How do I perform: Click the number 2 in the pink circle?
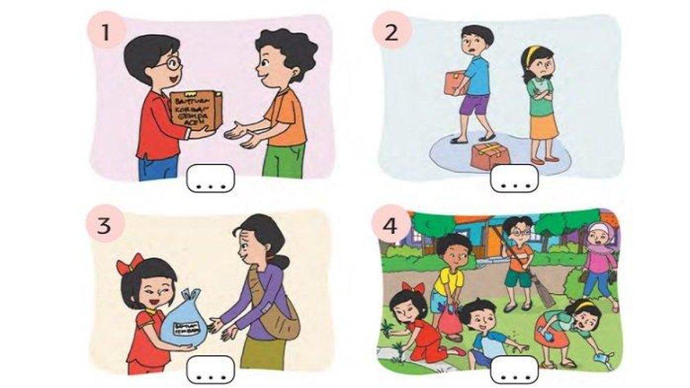click(x=392, y=32)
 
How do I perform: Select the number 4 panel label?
click(x=390, y=226)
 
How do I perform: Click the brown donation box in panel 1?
click(x=195, y=109)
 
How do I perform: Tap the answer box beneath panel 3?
click(x=210, y=370)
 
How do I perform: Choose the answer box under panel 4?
click(x=513, y=370)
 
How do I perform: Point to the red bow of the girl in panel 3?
click(x=129, y=263)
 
